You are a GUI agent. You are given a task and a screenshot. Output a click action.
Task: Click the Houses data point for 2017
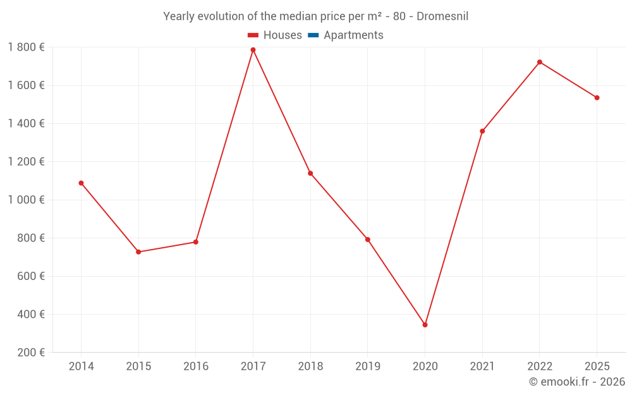click(x=253, y=50)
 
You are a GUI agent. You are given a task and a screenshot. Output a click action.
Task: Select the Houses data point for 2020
click(x=425, y=325)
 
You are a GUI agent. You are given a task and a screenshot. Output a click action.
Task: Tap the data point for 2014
click(x=81, y=183)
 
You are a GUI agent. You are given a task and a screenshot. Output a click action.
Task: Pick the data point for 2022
click(x=540, y=62)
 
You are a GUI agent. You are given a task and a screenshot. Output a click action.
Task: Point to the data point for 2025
click(x=597, y=98)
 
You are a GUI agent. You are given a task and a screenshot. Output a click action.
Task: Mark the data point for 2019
click(x=368, y=240)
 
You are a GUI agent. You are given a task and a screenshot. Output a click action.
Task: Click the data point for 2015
click(x=138, y=252)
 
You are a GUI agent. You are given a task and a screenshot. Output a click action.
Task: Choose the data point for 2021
click(x=482, y=131)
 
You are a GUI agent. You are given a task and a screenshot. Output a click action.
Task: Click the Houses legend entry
click(x=282, y=35)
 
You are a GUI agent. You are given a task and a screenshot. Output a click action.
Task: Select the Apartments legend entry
click(x=353, y=35)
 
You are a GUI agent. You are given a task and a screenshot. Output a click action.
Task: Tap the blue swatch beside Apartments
click(x=313, y=35)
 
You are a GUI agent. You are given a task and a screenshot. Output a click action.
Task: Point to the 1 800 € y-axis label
click(x=26, y=47)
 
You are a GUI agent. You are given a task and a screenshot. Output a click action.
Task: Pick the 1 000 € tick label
click(x=26, y=200)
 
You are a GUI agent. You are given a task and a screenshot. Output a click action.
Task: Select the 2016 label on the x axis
click(x=196, y=367)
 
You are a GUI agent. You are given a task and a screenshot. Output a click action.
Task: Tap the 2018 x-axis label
click(x=310, y=367)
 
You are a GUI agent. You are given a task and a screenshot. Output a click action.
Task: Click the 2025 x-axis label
click(x=597, y=367)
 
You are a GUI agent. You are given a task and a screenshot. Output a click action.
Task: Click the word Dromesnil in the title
click(x=442, y=16)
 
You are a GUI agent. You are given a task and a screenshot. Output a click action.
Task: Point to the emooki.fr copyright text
click(x=577, y=382)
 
